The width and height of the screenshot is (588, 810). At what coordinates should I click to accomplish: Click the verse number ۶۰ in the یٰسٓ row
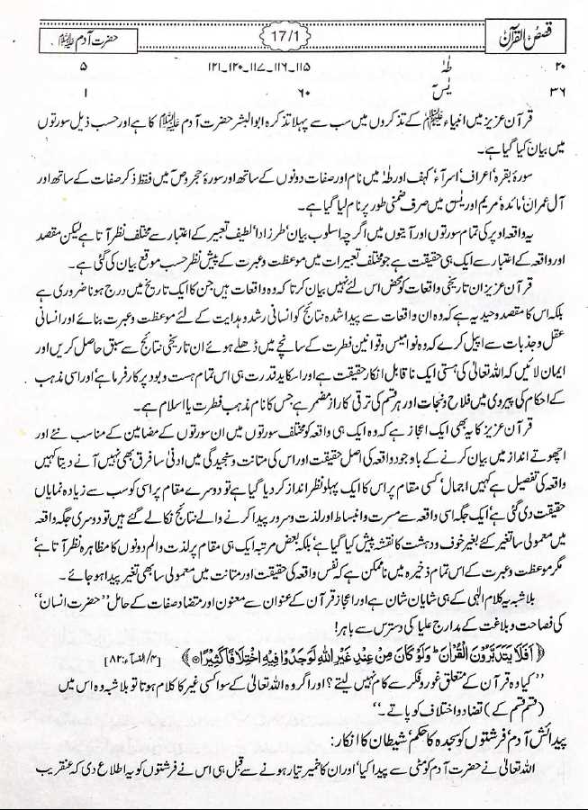pos(303,90)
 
